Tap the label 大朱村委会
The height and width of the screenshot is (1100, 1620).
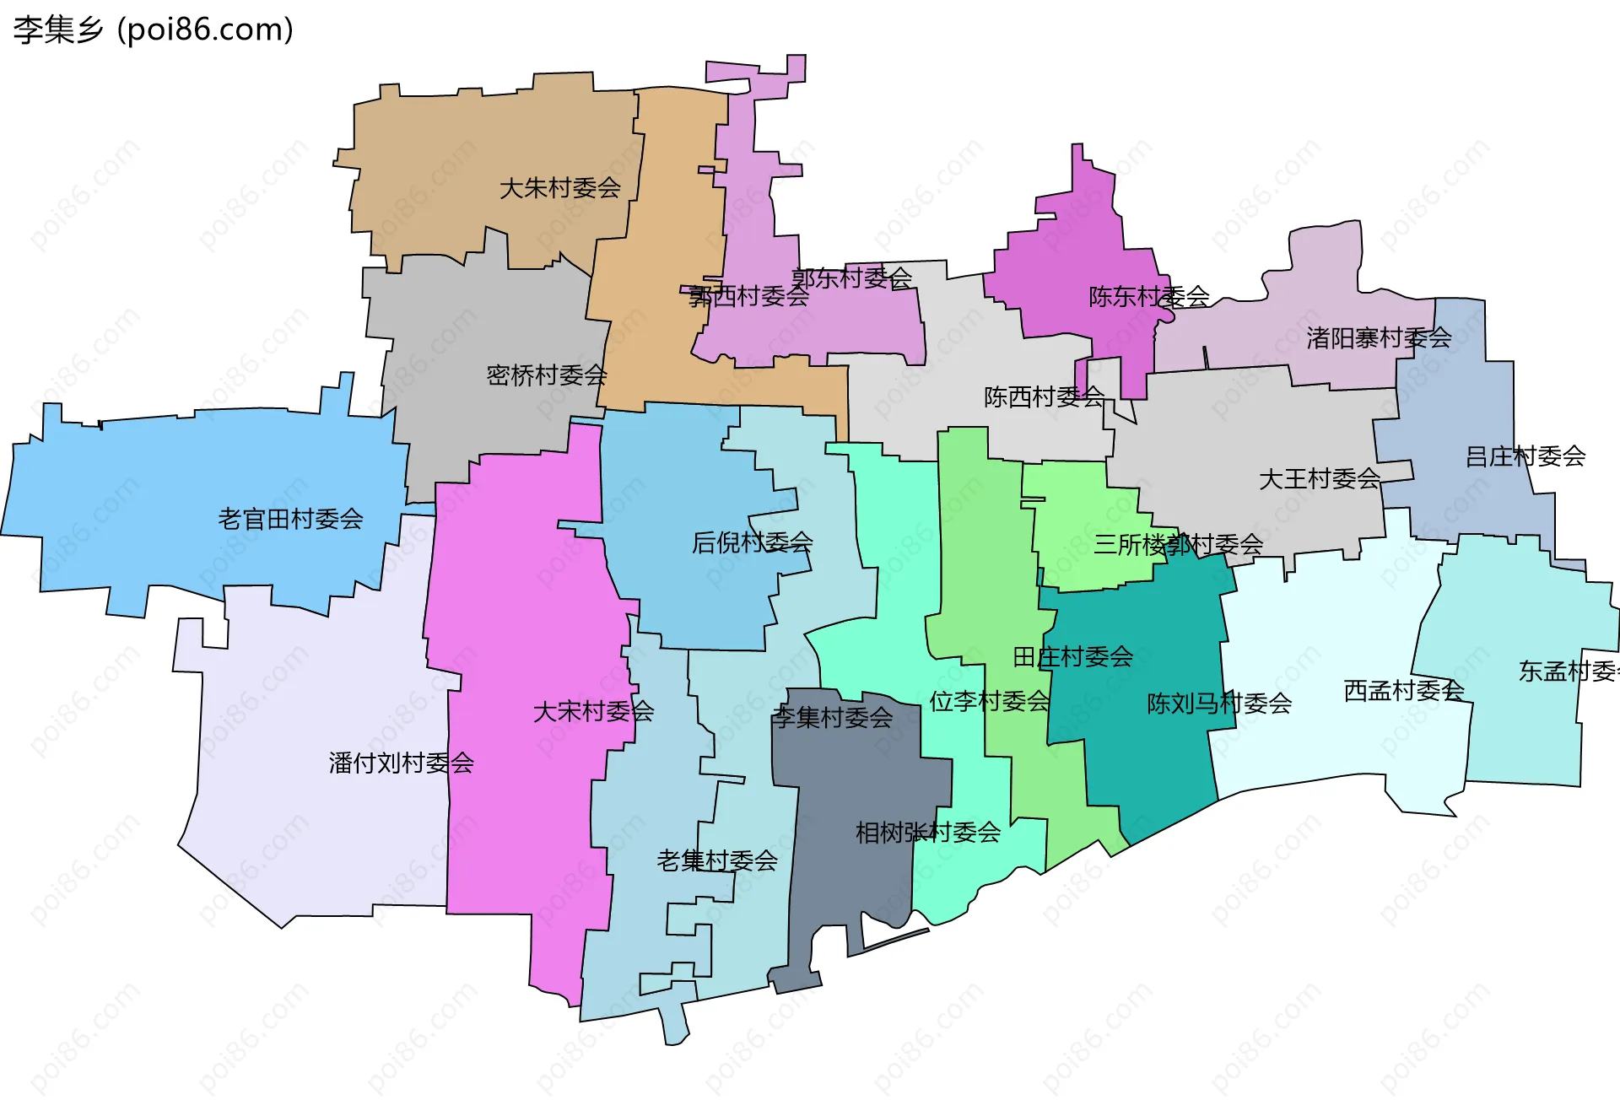tap(559, 188)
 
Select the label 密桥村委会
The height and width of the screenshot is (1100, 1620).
tap(547, 375)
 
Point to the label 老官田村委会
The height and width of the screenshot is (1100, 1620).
tap(290, 519)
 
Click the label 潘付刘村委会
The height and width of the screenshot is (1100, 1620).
tap(401, 763)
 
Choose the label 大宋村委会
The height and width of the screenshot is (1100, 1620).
tap(593, 712)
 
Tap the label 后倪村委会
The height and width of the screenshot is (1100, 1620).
tap(752, 542)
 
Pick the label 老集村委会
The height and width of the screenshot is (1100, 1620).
tap(716, 860)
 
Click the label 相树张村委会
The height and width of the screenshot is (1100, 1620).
tap(927, 833)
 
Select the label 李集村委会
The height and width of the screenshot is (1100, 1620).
tap(832, 718)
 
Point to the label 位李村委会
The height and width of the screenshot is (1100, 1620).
tap(989, 701)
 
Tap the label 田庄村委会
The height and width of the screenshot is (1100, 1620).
tap(1072, 656)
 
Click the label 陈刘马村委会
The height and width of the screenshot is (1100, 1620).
tap(1218, 703)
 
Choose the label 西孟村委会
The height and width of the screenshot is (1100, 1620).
tap(1403, 691)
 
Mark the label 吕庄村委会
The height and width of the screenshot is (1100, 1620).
tap(1525, 456)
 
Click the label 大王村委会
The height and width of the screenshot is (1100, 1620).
tap(1319, 479)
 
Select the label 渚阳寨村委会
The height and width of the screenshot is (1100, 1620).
tap(1378, 338)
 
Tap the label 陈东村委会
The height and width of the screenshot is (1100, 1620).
tap(1148, 297)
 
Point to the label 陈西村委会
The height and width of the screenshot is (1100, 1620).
tap(1044, 396)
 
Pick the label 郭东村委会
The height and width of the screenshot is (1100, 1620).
tap(851, 278)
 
